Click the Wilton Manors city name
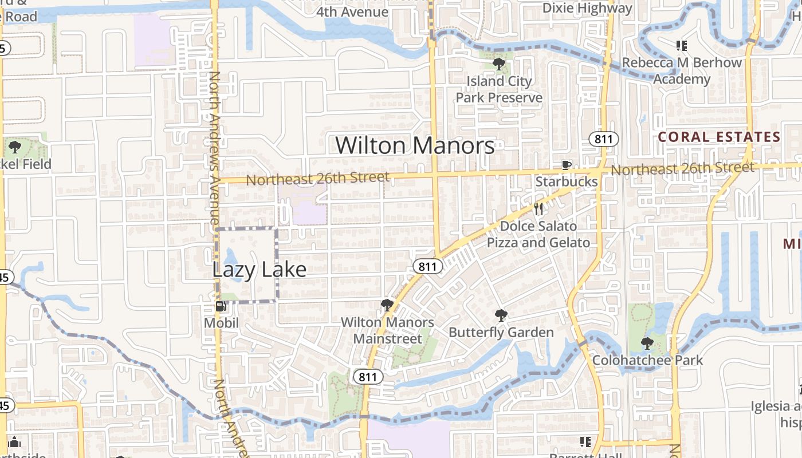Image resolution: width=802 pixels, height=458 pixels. [x=415, y=145]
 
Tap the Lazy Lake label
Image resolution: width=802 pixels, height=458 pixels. [x=259, y=269]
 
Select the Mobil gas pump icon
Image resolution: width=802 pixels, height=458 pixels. [x=221, y=306]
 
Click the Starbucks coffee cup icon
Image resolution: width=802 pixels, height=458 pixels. [x=566, y=165]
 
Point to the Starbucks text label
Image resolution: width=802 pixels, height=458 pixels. [x=566, y=182]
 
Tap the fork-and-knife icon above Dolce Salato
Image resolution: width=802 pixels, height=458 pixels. [x=538, y=209]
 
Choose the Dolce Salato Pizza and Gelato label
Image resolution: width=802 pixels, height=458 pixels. [x=538, y=234]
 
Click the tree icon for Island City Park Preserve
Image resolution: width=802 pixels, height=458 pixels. [x=498, y=64]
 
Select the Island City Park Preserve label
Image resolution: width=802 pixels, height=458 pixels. [x=498, y=89]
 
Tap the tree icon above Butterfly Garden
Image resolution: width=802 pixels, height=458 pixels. [x=501, y=314]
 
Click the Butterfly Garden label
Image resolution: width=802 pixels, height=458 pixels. [x=501, y=332]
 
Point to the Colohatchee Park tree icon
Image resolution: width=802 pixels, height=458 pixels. [x=647, y=343]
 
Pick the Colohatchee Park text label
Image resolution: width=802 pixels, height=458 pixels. [x=647, y=360]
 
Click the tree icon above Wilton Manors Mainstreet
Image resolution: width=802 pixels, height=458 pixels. [x=387, y=305]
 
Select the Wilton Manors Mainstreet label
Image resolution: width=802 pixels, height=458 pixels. [x=387, y=330]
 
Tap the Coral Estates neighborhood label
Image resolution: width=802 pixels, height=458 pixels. [x=719, y=137]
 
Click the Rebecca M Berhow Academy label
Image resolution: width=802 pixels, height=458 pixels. [x=682, y=70]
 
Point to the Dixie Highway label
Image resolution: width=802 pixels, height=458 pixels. [x=587, y=8]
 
